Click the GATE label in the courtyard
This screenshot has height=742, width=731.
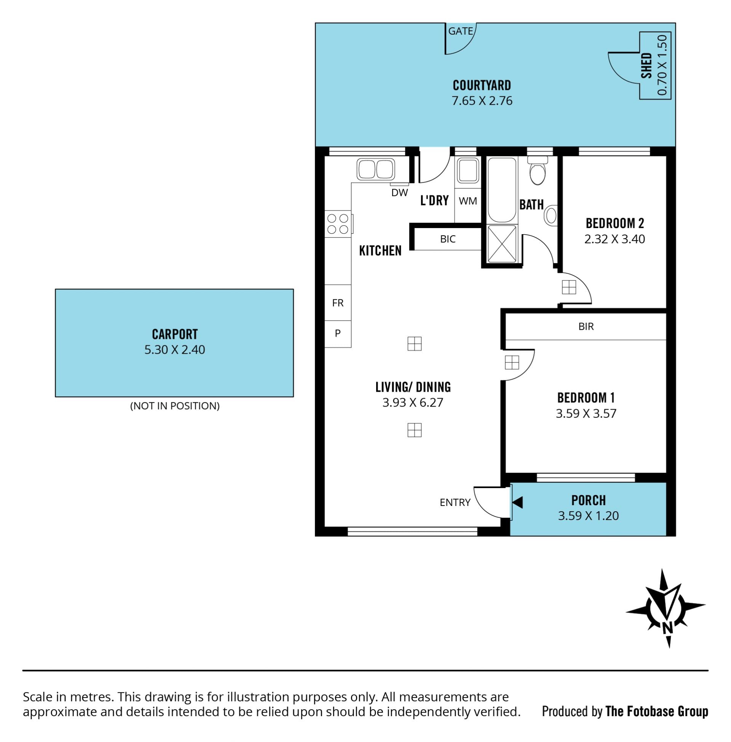[460, 31]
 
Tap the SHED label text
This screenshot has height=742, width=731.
[646, 65]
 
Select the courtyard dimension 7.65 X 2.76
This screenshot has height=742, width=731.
[482, 101]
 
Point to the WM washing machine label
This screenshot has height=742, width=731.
[468, 201]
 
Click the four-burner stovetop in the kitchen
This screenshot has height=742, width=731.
[338, 224]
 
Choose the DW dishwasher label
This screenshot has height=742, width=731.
[399, 193]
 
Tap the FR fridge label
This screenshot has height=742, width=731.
[338, 303]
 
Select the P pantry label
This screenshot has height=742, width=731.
[338, 333]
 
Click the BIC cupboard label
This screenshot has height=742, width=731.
[448, 239]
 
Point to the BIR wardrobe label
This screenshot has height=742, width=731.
[586, 327]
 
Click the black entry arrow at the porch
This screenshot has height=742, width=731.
[517, 503]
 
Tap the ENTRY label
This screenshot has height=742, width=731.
[455, 503]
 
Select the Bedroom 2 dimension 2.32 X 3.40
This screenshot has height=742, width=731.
[614, 239]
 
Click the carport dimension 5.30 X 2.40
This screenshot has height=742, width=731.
[175, 350]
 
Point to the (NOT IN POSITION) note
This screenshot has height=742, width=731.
[175, 406]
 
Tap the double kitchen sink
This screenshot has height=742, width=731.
[375, 169]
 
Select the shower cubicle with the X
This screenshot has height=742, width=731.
[502, 244]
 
